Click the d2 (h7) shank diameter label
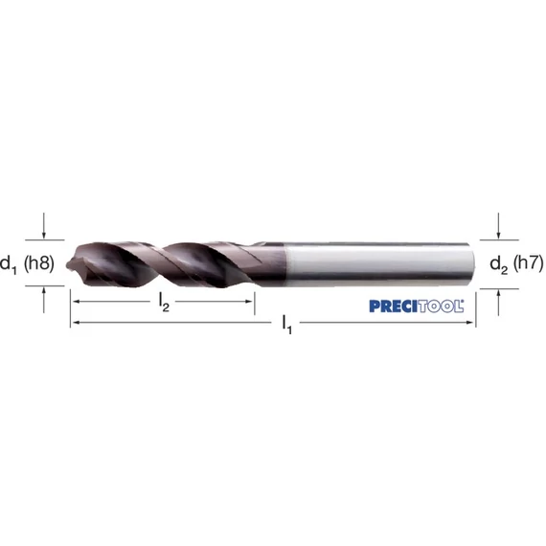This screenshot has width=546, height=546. click(516, 263)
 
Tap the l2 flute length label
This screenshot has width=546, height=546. click(164, 303)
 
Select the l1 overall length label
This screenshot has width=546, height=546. click(287, 324)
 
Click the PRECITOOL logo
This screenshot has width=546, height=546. click(417, 307)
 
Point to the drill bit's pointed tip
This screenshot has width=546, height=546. click(67, 264)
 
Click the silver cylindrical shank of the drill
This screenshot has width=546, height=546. click(379, 264)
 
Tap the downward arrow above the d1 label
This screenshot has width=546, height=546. click(43, 226)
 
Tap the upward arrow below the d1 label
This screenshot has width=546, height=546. click(43, 300)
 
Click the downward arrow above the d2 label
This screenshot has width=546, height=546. click(498, 226)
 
